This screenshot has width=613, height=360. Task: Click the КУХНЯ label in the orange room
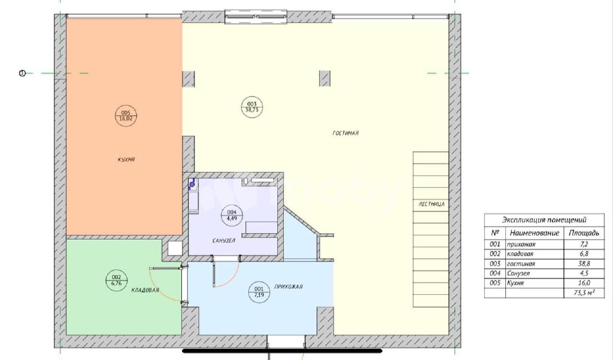point(126,160)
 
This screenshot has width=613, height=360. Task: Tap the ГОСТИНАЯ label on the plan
point(345,133)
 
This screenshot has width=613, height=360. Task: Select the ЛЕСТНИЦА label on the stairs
point(431,204)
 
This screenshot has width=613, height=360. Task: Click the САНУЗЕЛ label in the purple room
point(224,241)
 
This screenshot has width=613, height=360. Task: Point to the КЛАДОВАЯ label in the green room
point(145,290)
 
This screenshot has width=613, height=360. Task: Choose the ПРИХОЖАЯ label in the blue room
point(288,287)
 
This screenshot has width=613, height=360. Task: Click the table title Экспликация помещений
point(544,220)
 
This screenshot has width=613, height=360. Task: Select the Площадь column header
point(584,233)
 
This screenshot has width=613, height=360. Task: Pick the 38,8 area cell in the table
point(584,264)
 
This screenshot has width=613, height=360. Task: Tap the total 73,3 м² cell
point(585,293)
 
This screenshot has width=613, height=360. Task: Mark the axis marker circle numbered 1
point(22,73)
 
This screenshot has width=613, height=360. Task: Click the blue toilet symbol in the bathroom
point(192,184)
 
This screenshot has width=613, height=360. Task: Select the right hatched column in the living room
point(325,79)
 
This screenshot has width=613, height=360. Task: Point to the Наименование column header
point(534,233)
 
